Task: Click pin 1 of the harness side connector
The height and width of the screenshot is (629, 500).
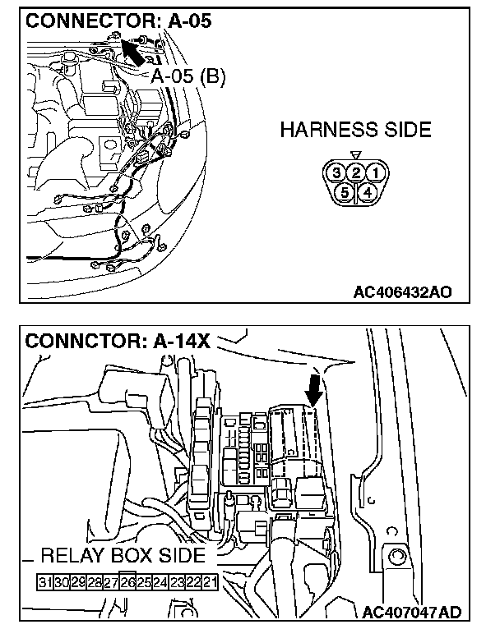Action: click(374, 173)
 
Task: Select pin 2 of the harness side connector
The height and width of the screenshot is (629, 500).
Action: click(354, 173)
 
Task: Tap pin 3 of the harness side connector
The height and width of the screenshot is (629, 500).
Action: click(335, 173)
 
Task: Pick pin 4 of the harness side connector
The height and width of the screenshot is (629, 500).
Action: click(365, 192)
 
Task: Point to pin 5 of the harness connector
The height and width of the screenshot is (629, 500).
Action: click(345, 192)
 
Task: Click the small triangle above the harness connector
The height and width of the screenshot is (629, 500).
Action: click(354, 155)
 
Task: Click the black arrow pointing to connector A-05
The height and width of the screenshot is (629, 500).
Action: click(135, 53)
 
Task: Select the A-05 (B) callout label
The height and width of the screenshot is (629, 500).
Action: click(187, 76)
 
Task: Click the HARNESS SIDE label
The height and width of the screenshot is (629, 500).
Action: click(355, 130)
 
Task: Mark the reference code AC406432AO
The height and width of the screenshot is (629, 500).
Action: click(402, 291)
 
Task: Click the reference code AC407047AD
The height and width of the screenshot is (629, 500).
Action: click(411, 612)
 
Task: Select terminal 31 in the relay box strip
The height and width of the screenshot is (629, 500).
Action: click(46, 582)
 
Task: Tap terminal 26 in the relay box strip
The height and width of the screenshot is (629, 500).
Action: click(127, 582)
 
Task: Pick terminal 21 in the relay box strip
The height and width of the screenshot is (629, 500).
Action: click(210, 582)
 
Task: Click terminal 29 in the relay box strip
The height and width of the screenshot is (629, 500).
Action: click(79, 582)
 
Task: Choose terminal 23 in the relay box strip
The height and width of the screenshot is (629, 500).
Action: click(177, 582)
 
